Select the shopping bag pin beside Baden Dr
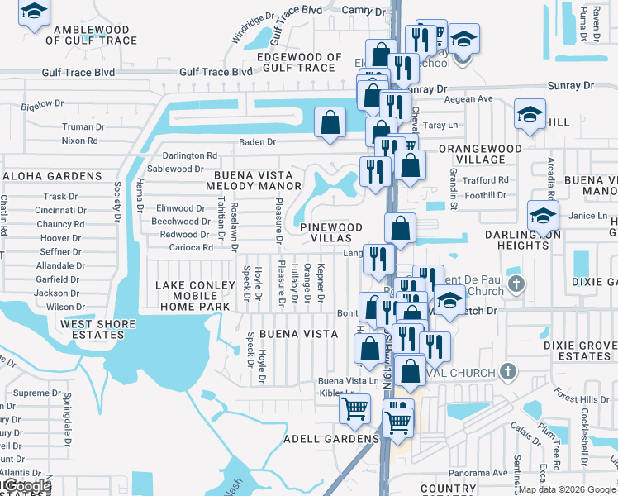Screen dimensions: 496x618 pyautogui.click(x=330, y=123)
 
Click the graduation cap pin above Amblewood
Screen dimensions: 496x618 pyautogui.click(x=33, y=12)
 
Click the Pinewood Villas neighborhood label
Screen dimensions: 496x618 pyautogui.click(x=330, y=232)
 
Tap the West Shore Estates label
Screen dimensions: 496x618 pyautogui.click(x=97, y=330)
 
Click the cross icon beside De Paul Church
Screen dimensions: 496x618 pyautogui.click(x=516, y=284)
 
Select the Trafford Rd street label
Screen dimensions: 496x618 pyautogui.click(x=486, y=179)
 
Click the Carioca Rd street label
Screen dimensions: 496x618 pyautogui.click(x=191, y=247)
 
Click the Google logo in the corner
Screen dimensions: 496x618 pyautogui.click(x=26, y=486)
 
